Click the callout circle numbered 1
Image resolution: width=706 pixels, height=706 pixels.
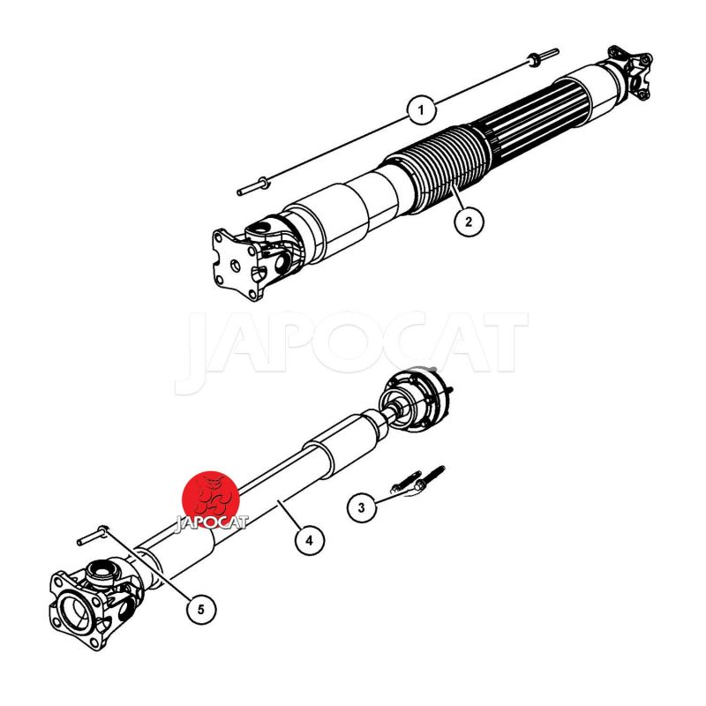[422, 109]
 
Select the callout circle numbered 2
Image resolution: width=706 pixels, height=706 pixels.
[469, 222]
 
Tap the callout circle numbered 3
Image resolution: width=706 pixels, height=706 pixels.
[362, 508]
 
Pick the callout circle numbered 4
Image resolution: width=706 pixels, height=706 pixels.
[310, 540]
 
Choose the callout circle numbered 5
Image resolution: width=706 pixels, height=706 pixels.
[201, 609]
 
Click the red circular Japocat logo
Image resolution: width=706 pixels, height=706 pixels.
[210, 499]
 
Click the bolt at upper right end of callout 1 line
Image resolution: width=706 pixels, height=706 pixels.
[543, 56]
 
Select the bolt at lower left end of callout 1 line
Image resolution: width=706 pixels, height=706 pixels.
[253, 187]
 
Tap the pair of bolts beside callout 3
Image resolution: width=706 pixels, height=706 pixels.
[418, 481]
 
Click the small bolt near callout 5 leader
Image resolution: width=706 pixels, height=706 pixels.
[93, 535]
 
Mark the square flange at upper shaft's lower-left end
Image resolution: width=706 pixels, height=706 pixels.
[237, 264]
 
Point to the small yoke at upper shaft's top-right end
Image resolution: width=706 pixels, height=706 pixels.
[630, 71]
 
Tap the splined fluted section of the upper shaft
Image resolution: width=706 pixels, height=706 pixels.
[531, 118]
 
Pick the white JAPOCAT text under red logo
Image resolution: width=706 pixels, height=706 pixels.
[211, 522]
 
